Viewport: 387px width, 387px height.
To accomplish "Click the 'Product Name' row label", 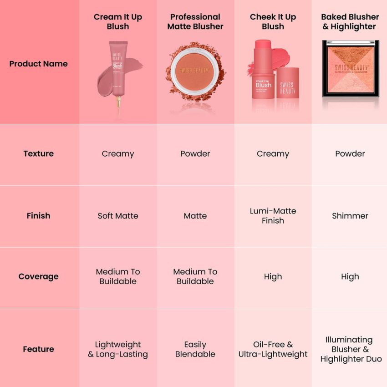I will [38, 64].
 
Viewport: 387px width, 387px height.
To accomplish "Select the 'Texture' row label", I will [38, 153].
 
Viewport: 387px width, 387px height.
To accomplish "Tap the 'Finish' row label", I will [38, 216].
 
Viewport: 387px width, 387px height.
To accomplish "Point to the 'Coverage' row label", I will [38, 276].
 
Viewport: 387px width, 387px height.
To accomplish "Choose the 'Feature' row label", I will [38, 349].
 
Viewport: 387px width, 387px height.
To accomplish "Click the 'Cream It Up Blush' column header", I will [118, 21].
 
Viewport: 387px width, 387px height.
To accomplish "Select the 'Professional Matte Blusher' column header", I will [195, 21].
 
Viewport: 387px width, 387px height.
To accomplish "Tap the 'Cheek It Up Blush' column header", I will [273, 21].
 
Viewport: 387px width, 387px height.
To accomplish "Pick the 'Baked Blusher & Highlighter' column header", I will [350, 21].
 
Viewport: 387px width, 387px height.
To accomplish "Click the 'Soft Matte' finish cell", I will [118, 216].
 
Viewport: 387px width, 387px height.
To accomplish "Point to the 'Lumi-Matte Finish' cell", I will [273, 216].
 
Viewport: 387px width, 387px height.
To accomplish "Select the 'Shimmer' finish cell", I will [350, 216].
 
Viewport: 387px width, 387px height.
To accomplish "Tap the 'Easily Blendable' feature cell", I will [195, 349].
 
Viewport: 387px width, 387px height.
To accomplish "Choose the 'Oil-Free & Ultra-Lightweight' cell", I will [273, 349].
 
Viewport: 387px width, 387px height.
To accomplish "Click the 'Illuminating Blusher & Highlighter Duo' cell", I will [350, 349].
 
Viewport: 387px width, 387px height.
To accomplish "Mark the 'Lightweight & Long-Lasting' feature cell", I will [118, 349].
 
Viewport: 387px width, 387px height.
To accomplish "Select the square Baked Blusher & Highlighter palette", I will [350, 68].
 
